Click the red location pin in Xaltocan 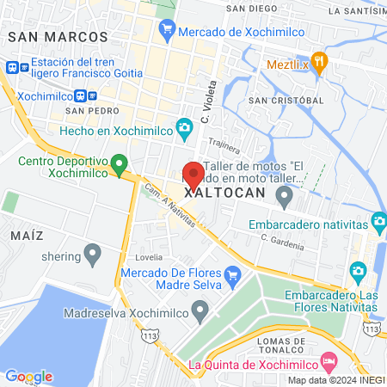(193, 175)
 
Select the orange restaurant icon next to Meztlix (320, 61)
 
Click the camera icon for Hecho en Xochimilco (184, 129)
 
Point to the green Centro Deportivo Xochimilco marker (120, 162)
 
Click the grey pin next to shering (92, 255)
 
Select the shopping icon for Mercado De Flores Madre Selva (231, 274)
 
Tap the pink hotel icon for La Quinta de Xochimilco (328, 359)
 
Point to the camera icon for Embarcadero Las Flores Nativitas (359, 273)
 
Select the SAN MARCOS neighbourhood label (57, 37)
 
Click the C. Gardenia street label (283, 242)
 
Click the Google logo (28, 376)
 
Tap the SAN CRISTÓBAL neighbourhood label (286, 101)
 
